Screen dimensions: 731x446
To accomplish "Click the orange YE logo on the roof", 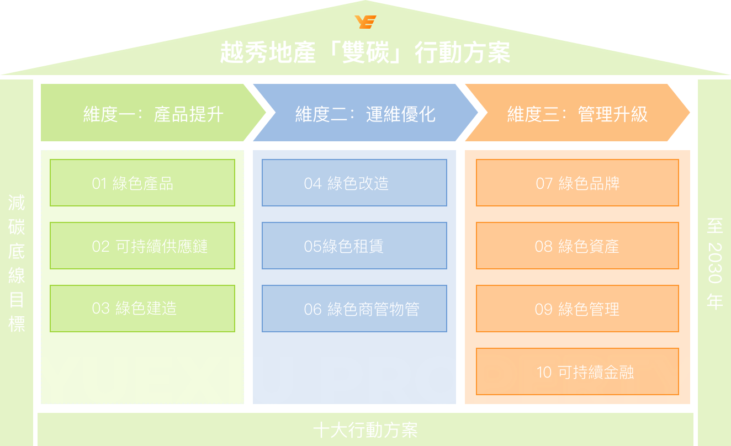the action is click(365, 22).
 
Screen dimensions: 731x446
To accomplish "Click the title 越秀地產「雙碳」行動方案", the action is click(365, 52).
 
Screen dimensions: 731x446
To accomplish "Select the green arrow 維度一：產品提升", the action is click(153, 113).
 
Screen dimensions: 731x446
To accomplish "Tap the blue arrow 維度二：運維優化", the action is click(365, 113).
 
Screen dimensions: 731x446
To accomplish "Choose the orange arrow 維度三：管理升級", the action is click(578, 113).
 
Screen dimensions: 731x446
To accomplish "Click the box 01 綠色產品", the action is click(142, 183).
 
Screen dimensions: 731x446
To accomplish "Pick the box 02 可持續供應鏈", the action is click(142, 246).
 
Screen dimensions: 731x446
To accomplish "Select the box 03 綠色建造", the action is click(142, 309).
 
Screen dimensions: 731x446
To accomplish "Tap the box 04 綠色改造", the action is click(354, 183).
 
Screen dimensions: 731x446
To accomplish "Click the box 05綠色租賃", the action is click(354, 246).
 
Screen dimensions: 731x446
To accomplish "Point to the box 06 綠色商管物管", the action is click(354, 309).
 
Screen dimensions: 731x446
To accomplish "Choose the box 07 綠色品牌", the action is click(578, 183).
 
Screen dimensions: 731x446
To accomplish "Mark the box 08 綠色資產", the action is click(578, 246).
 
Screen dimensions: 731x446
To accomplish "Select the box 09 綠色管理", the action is click(578, 309).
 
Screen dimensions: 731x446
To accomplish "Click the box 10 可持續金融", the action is click(578, 371).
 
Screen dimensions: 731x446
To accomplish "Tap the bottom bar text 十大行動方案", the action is click(365, 430).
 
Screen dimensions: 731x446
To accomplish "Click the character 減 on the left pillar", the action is click(17, 203).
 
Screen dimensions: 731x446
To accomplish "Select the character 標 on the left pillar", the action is click(17, 324).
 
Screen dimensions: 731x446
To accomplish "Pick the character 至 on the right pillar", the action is click(714, 226).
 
